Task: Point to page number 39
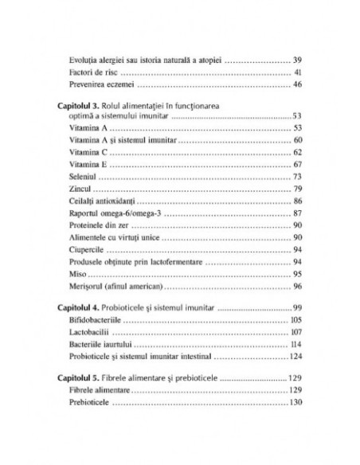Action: click(297, 61)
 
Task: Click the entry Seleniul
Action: click(85, 177)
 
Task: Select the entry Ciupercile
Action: click(89, 248)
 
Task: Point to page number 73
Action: click(297, 177)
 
